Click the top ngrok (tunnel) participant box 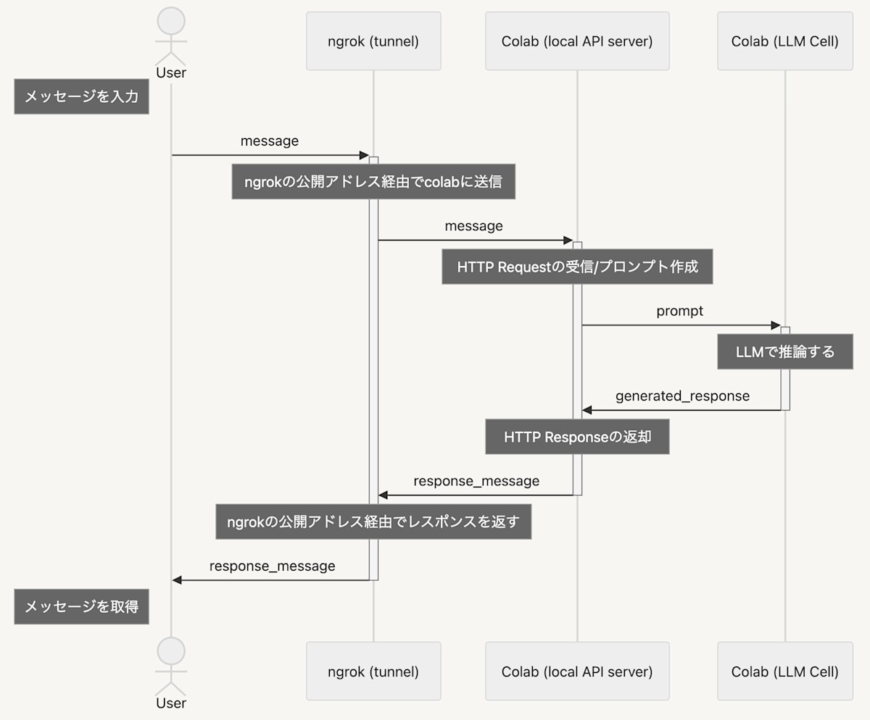[x=373, y=41]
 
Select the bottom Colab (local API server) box [x=577, y=671]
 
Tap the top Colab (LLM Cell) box [x=784, y=41]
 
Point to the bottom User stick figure [x=171, y=666]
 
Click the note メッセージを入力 [x=81, y=96]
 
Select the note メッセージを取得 [x=81, y=606]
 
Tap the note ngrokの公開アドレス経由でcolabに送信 [x=373, y=181]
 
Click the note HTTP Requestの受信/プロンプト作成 [x=577, y=267]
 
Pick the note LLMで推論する [x=784, y=352]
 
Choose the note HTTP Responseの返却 [x=577, y=437]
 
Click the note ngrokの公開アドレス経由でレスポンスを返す [x=373, y=522]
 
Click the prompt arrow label [x=679, y=311]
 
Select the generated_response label [x=682, y=396]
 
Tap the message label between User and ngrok [x=270, y=141]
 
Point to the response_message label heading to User [x=272, y=566]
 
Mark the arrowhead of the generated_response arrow [x=587, y=411]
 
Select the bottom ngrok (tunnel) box [x=373, y=671]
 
